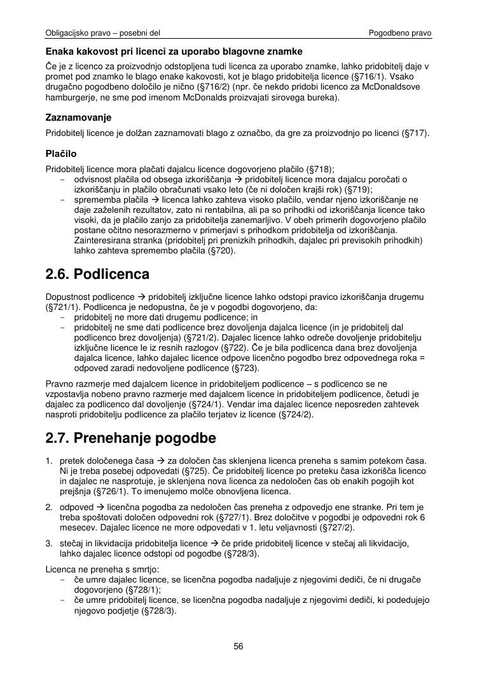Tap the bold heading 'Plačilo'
pyautogui.click(x=61, y=154)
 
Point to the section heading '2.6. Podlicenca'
pyautogui.click(x=97, y=274)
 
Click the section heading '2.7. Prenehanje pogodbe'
pyautogui.click(x=131, y=438)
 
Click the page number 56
pyautogui.click(x=238, y=647)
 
